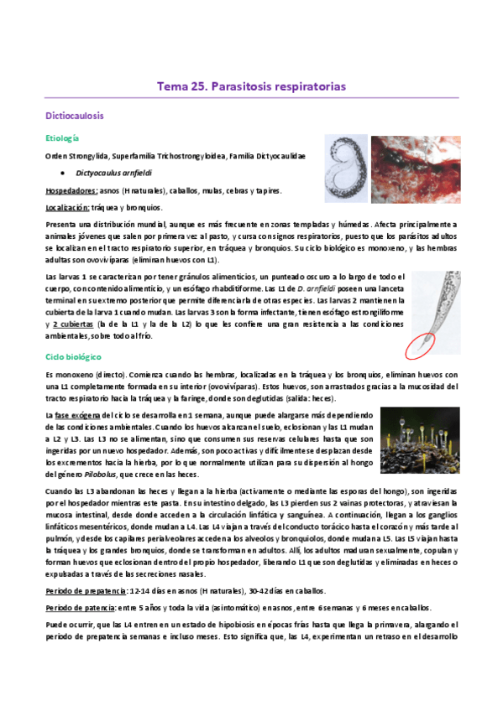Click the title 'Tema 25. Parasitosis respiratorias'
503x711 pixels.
pyautogui.click(x=251, y=86)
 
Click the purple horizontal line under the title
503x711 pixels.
pyautogui.click(x=251, y=98)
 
